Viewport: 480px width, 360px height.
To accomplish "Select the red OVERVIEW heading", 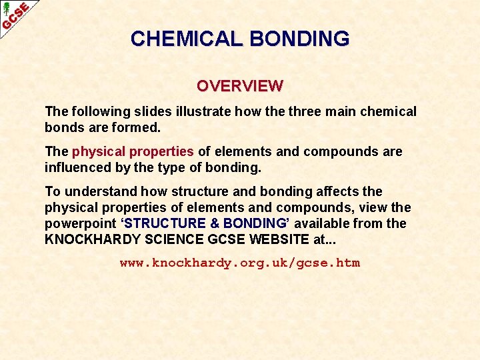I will pyautogui.click(x=240, y=86).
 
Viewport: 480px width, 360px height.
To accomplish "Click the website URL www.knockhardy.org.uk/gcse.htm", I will pyautogui.click(x=240, y=263).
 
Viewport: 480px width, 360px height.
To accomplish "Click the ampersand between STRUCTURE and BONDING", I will pyautogui.click(x=215, y=223).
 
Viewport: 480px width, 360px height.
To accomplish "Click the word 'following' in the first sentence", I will pyautogui.click(x=99, y=111).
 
